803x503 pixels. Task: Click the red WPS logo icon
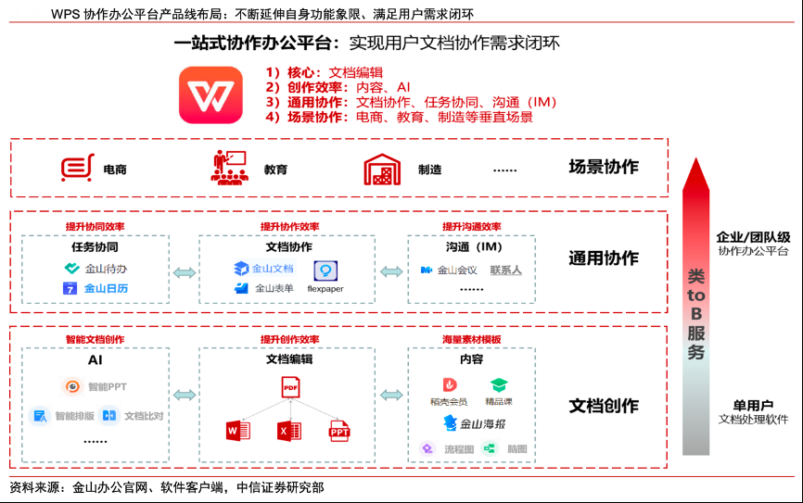coord(210,94)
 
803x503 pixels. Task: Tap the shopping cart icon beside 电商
coord(77,169)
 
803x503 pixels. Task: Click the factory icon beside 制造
coord(380,170)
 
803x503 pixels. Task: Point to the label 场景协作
coord(604,168)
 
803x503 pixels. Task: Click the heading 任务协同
coord(95,247)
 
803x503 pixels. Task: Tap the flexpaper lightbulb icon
coord(325,270)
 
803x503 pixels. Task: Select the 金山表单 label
coord(274,288)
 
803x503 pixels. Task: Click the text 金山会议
coord(457,270)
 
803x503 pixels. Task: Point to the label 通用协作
coord(604,258)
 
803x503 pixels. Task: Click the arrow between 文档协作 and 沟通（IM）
coord(391,270)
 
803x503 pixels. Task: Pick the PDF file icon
coord(290,386)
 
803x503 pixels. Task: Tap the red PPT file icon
coord(339,431)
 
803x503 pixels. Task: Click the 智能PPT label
coord(108,386)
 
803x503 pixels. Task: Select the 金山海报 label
coord(481,424)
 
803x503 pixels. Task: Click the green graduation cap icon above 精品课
coord(499,385)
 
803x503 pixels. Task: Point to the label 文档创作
coord(604,406)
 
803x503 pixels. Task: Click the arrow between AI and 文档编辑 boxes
coord(185,395)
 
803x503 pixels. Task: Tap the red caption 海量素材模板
coord(471,340)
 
